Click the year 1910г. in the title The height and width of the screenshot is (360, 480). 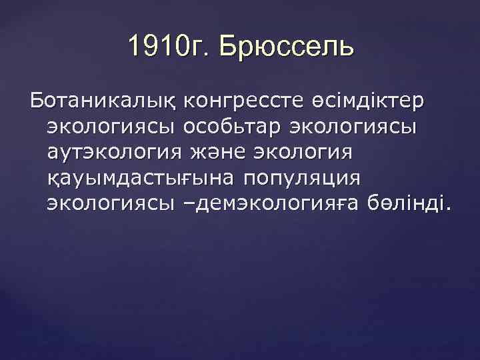[x=167, y=48]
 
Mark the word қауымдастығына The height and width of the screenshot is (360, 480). [x=139, y=178]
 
